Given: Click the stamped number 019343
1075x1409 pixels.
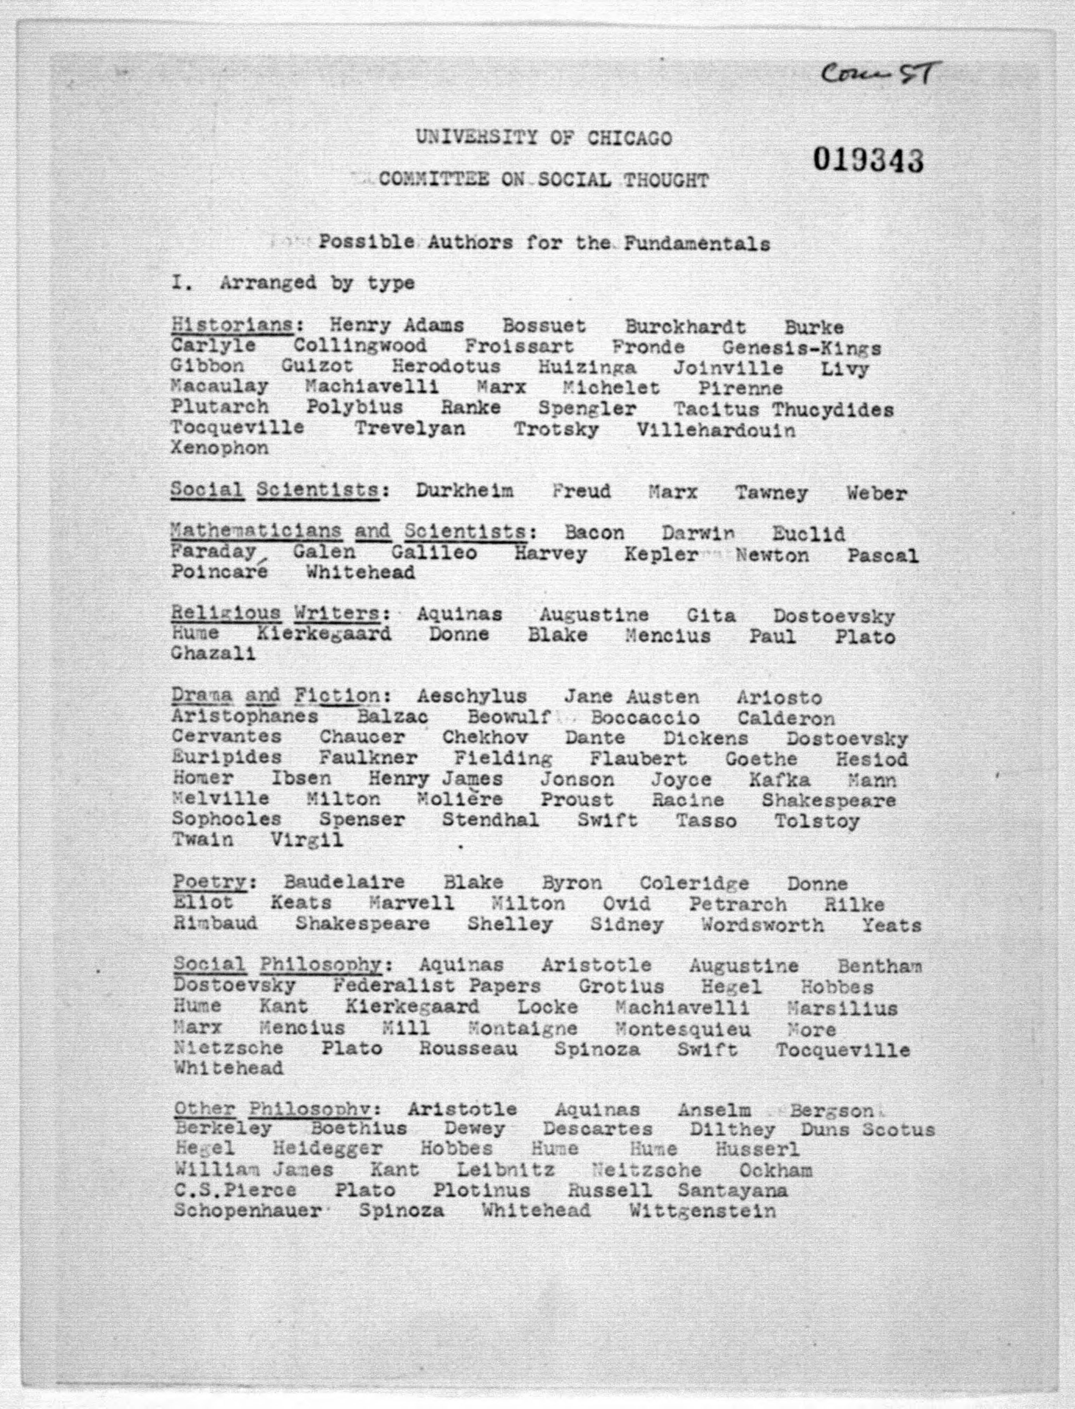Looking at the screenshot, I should [869, 160].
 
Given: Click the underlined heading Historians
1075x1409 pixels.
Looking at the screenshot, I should [231, 325].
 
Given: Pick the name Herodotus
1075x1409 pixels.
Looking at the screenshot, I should [446, 368].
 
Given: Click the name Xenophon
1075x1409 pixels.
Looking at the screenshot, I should [219, 448].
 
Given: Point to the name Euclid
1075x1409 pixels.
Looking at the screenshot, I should [808, 534].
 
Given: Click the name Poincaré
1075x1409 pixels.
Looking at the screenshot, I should [219, 571].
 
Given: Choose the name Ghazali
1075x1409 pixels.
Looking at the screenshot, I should [213, 654].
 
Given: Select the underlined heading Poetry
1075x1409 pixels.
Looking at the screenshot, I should [210, 882].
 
